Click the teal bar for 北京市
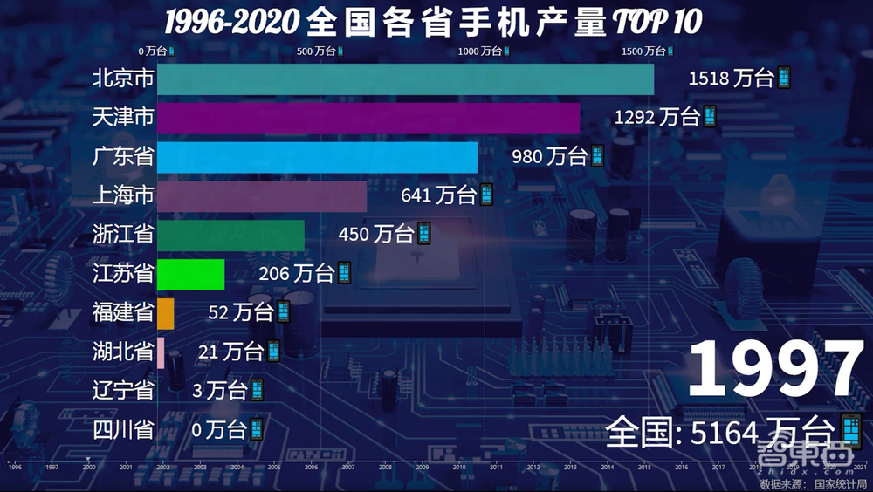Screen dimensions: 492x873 point(405,79)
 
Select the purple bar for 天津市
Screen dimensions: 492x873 point(368,118)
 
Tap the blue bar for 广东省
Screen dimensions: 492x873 point(317,157)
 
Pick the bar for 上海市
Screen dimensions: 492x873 point(262,195)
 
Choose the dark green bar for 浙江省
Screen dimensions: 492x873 point(230,235)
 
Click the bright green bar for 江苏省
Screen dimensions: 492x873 point(190,274)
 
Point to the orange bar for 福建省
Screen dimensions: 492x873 point(166,313)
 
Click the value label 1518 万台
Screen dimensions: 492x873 point(739,79)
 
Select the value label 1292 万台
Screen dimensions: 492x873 point(665,117)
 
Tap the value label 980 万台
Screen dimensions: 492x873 point(559,156)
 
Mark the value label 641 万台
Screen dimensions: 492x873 point(447,195)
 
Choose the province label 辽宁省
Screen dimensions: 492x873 point(123,390)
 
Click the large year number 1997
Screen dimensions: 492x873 point(774,370)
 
